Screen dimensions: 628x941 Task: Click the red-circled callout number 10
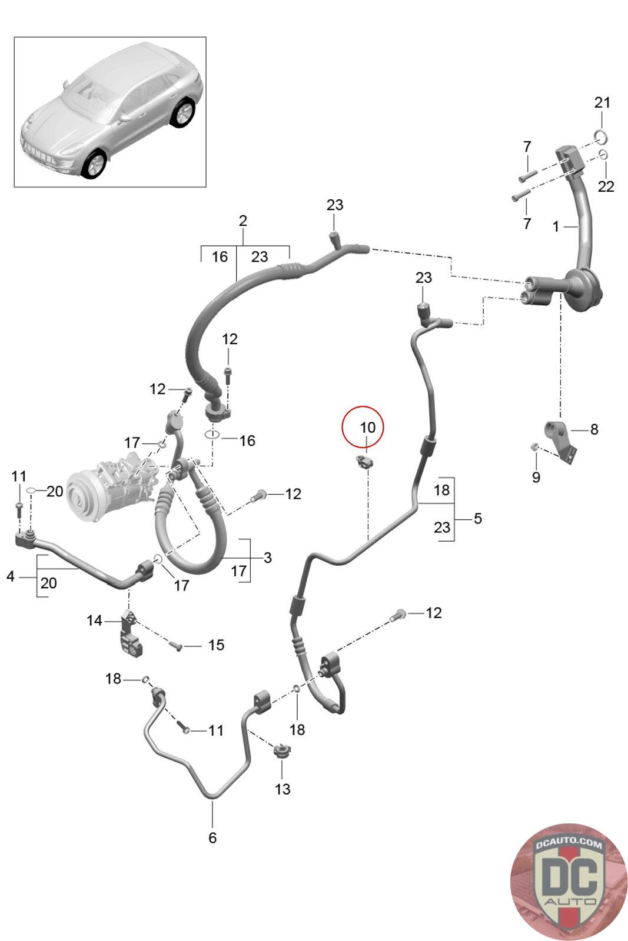point(367,428)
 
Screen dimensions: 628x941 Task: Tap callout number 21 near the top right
point(602,102)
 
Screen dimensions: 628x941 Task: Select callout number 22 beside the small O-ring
point(606,186)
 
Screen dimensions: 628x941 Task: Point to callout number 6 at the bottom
point(212,837)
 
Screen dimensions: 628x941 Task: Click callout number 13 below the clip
point(283,789)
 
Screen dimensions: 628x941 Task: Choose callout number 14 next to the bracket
point(95,620)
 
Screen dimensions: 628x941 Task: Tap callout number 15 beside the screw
point(216,645)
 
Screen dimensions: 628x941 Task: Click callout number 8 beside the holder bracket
point(594,429)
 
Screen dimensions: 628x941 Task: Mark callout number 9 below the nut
point(536,477)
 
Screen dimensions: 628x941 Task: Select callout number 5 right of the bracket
point(477,518)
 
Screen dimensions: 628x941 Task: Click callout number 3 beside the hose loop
point(268,558)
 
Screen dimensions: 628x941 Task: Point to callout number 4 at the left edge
point(11,576)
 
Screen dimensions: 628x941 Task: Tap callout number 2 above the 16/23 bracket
point(242,221)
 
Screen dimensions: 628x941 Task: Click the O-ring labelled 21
point(602,136)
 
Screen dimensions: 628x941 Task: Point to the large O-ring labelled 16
point(212,435)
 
